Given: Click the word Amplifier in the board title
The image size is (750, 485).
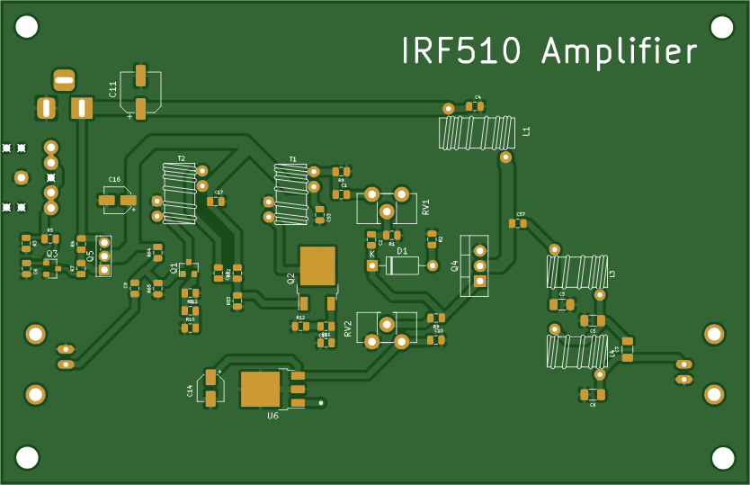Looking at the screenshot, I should pyautogui.click(x=620, y=52).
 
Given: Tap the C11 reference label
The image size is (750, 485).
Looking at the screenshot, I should pyautogui.click(x=113, y=89).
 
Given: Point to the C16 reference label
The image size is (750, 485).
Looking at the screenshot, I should pyautogui.click(x=114, y=180).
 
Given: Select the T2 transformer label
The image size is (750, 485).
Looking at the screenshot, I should pyautogui.click(x=181, y=158).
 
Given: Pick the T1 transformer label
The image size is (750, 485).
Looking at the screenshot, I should pyautogui.click(x=292, y=159).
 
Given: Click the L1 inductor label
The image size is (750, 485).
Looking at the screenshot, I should pyautogui.click(x=527, y=131).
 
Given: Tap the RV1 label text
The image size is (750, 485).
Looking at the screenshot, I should pyautogui.click(x=425, y=208).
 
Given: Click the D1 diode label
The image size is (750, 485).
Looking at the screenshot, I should pyautogui.click(x=402, y=251).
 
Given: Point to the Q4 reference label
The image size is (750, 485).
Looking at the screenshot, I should pyautogui.click(x=455, y=265).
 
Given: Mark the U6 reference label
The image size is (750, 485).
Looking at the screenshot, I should pyautogui.click(x=272, y=416).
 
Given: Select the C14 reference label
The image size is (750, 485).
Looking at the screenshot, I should pyautogui.click(x=191, y=391).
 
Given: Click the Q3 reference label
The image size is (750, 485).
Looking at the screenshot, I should pyautogui.click(x=52, y=255).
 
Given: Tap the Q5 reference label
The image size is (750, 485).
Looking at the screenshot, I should pyautogui.click(x=90, y=256).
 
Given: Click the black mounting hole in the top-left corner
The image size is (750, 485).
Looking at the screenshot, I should pyautogui.click(x=27, y=27).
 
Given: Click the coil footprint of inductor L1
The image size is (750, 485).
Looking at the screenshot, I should pyautogui.click(x=477, y=132).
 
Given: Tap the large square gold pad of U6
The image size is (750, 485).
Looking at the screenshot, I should pyautogui.click(x=261, y=389).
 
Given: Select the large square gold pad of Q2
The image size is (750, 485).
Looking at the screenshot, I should pyautogui.click(x=317, y=265).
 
